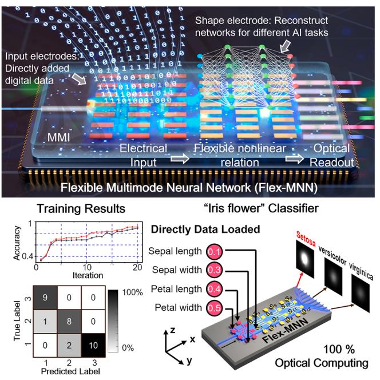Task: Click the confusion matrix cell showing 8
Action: point(68,322)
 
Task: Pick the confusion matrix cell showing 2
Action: point(68,346)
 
